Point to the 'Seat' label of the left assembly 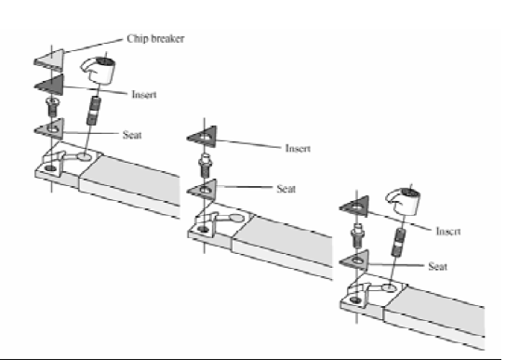coord(133,135)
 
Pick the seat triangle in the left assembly coord(48,127)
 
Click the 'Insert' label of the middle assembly coord(295,148)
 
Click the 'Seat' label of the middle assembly coord(286,189)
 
